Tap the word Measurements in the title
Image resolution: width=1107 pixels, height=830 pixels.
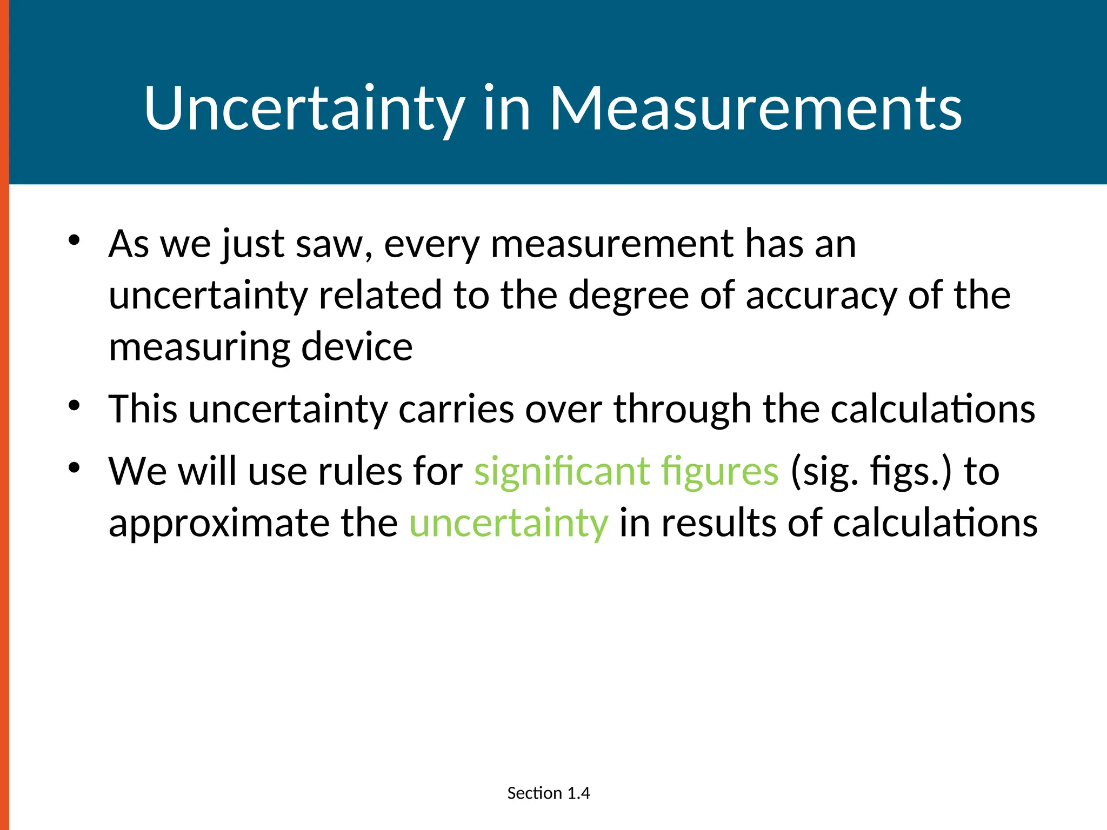click(x=756, y=110)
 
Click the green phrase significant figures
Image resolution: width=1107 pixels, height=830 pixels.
click(x=626, y=472)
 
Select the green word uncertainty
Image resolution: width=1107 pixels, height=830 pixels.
click(x=509, y=523)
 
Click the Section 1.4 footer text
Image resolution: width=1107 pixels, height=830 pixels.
click(x=548, y=793)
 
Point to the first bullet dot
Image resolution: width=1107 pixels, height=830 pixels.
click(x=74, y=239)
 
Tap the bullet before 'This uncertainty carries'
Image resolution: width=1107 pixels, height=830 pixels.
click(x=74, y=405)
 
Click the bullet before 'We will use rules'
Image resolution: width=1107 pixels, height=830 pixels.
click(x=74, y=467)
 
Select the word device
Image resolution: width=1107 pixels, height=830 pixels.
click(x=357, y=347)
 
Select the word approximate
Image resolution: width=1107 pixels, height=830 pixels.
click(x=218, y=523)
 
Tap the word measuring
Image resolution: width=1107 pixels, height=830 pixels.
click(x=199, y=347)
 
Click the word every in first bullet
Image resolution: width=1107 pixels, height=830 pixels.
click(x=431, y=244)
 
